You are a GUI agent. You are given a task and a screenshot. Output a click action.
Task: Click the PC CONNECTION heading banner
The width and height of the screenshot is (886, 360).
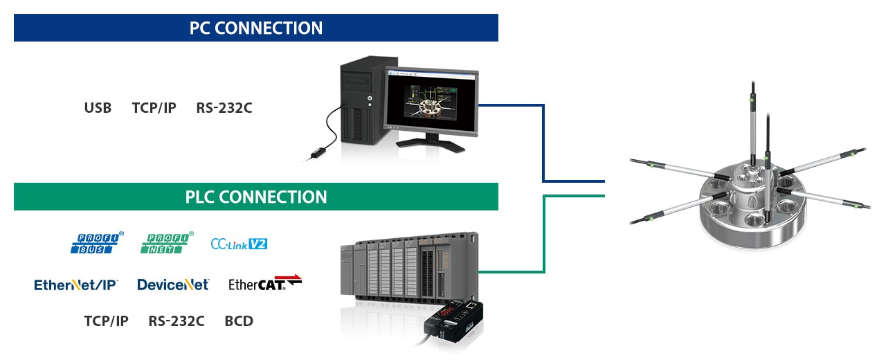tap(256, 28)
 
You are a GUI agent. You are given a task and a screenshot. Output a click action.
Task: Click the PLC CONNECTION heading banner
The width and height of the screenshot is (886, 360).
tap(256, 197)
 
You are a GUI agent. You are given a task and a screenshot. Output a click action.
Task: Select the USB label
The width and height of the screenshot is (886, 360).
tap(98, 108)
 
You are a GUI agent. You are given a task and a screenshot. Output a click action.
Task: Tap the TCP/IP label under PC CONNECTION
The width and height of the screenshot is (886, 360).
tap(154, 108)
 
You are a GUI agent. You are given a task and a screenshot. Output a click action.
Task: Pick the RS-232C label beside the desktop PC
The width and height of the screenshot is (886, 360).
tap(224, 108)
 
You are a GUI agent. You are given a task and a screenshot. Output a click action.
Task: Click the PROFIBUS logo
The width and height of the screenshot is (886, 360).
tap(97, 243)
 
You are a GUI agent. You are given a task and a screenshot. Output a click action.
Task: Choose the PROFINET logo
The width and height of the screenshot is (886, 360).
tap(168, 243)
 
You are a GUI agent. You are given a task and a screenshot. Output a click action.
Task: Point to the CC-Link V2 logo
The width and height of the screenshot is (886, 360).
tap(239, 244)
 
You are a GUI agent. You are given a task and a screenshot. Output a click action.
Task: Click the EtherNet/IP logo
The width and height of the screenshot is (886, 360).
tap(76, 285)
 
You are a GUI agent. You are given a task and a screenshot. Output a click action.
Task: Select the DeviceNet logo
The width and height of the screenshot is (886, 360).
tap(173, 285)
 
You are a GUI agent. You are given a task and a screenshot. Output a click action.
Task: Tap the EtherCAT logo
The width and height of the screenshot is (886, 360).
tap(265, 283)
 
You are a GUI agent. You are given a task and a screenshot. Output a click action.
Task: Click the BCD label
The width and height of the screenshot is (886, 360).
tap(239, 321)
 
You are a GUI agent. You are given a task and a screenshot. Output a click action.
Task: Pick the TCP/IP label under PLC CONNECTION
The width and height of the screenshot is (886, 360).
tap(106, 321)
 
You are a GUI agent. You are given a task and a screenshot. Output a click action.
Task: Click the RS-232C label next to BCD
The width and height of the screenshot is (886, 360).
tap(176, 321)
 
